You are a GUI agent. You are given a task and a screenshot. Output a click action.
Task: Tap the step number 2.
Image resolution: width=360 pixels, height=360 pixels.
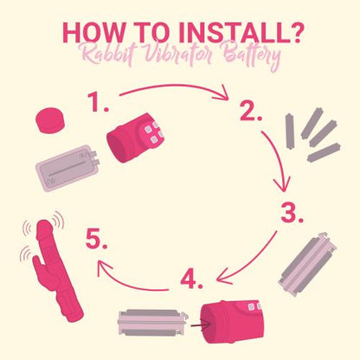(x=251, y=111)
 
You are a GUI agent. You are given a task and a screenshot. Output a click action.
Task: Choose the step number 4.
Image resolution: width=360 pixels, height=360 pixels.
(x=191, y=279)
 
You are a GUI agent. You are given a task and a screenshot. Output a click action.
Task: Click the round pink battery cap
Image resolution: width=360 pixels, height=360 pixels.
(x=50, y=120)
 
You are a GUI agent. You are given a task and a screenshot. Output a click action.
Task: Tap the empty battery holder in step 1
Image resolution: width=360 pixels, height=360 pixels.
(x=68, y=167)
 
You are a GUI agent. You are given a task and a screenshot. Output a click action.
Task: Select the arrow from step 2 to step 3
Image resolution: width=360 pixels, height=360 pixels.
(x=280, y=157)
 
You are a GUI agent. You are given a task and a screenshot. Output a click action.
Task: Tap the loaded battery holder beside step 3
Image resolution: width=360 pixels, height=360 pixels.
(x=308, y=264)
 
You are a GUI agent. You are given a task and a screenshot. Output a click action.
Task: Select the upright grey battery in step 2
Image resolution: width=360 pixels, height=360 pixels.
(x=290, y=132)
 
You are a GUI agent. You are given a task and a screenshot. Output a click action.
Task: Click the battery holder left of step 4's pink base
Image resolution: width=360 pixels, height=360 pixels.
(x=153, y=323)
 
